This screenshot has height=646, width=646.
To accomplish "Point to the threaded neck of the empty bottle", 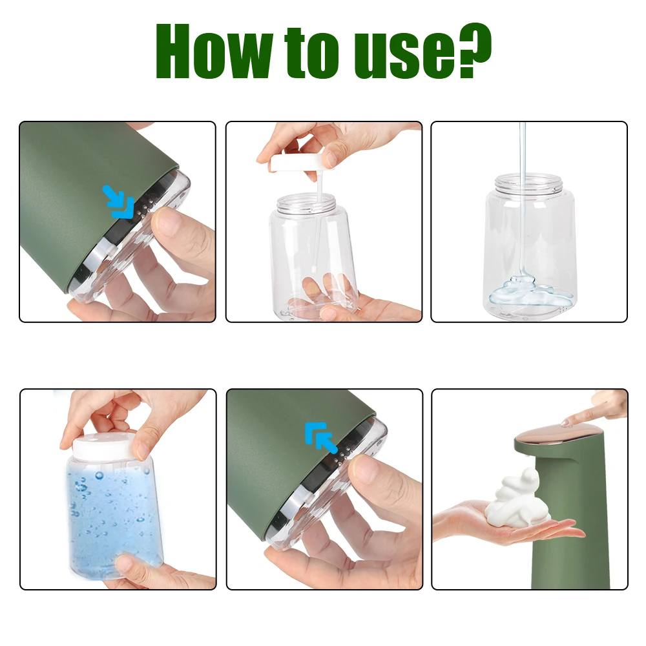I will pyautogui.click(x=529, y=183).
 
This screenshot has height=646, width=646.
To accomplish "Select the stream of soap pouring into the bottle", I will pyautogui.click(x=523, y=207).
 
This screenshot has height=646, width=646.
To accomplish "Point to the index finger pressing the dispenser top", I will pyautogui.click(x=591, y=413).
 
